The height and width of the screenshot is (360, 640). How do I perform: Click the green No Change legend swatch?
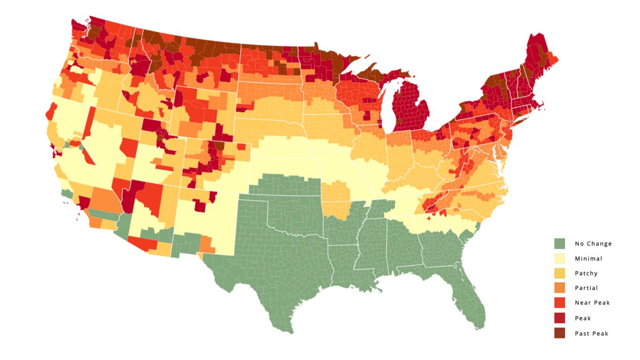(x=559, y=243)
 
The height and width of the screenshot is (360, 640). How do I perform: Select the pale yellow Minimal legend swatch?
(x=559, y=258)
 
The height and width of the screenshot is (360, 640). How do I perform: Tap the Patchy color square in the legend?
(x=559, y=273)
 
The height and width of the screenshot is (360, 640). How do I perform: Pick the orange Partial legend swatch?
(x=559, y=288)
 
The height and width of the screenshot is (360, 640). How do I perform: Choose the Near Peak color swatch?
(x=559, y=303)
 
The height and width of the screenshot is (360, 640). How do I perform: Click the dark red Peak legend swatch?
(x=559, y=318)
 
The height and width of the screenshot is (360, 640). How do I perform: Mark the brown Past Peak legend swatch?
(x=559, y=333)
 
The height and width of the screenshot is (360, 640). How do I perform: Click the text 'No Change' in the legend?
(x=593, y=244)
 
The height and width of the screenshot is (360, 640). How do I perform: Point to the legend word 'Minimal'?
(x=588, y=259)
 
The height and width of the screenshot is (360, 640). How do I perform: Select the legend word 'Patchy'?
(x=586, y=273)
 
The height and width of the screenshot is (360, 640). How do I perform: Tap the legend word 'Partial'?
(x=586, y=288)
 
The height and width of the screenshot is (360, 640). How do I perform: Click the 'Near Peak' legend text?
(x=592, y=303)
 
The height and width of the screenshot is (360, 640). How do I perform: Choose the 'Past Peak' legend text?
(x=591, y=334)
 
